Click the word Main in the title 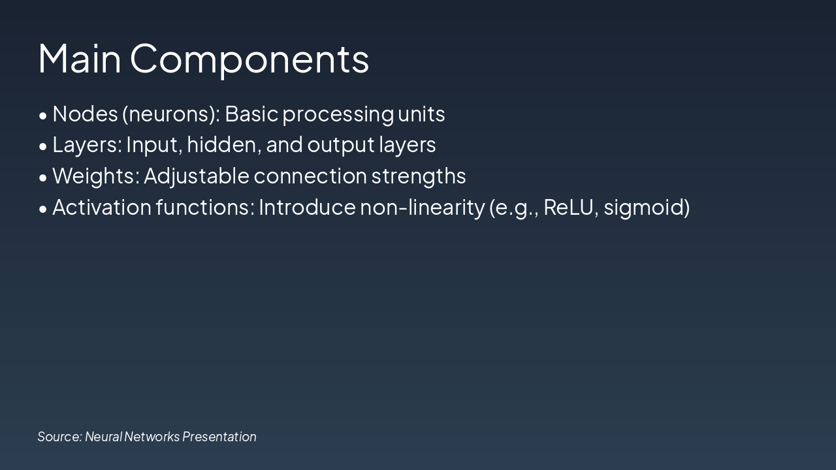80,59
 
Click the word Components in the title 249,59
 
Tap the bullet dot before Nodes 43,116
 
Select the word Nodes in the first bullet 84,114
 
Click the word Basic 251,114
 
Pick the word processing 338,114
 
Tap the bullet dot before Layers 43,147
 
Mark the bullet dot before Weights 43,178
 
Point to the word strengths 419,176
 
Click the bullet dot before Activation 43,209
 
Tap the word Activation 102,208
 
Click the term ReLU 567,208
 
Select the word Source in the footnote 59,437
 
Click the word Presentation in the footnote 219,437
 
